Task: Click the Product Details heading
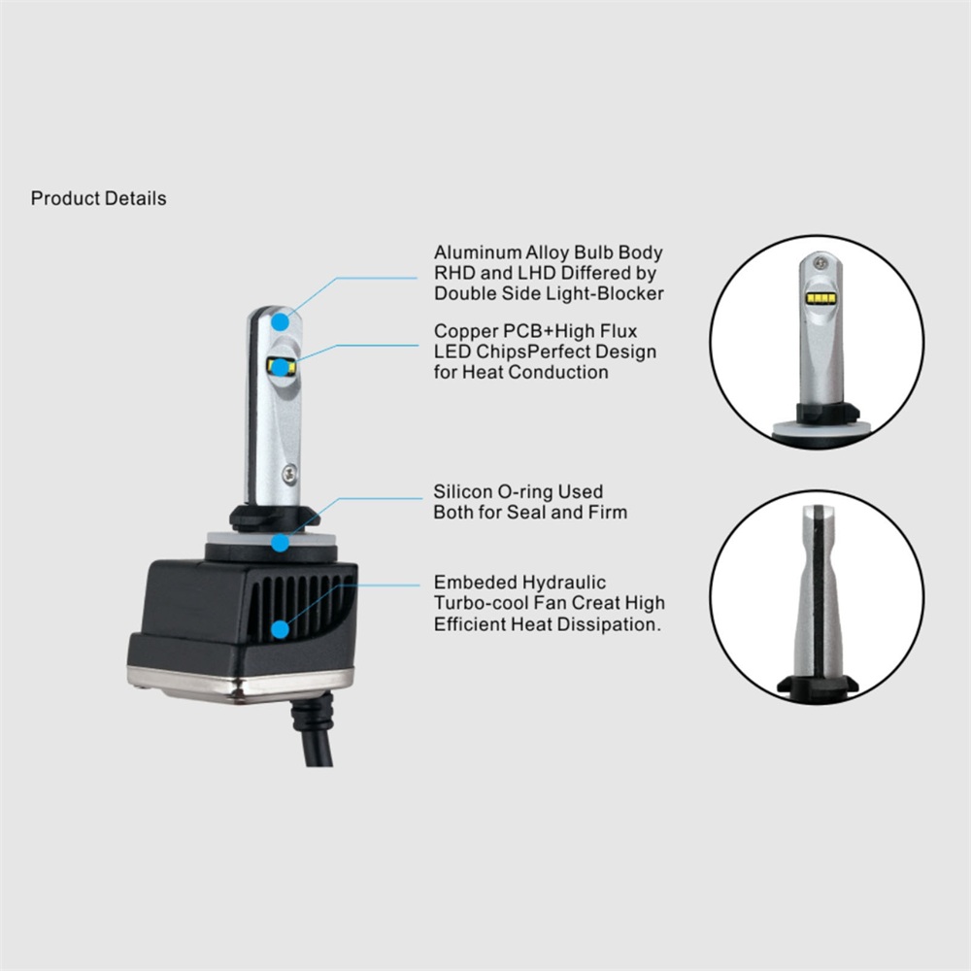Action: [x=98, y=198]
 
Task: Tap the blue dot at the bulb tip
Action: [x=280, y=322]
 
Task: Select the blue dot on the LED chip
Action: [x=281, y=368]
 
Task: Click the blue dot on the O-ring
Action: [x=281, y=543]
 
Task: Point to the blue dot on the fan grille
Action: [x=281, y=630]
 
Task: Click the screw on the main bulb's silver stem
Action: [x=289, y=475]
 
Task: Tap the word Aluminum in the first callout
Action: [x=477, y=252]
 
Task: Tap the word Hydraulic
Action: [x=563, y=583]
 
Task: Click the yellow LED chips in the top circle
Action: [x=821, y=299]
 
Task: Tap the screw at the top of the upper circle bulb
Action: [x=821, y=262]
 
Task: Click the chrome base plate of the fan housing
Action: [x=240, y=685]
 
